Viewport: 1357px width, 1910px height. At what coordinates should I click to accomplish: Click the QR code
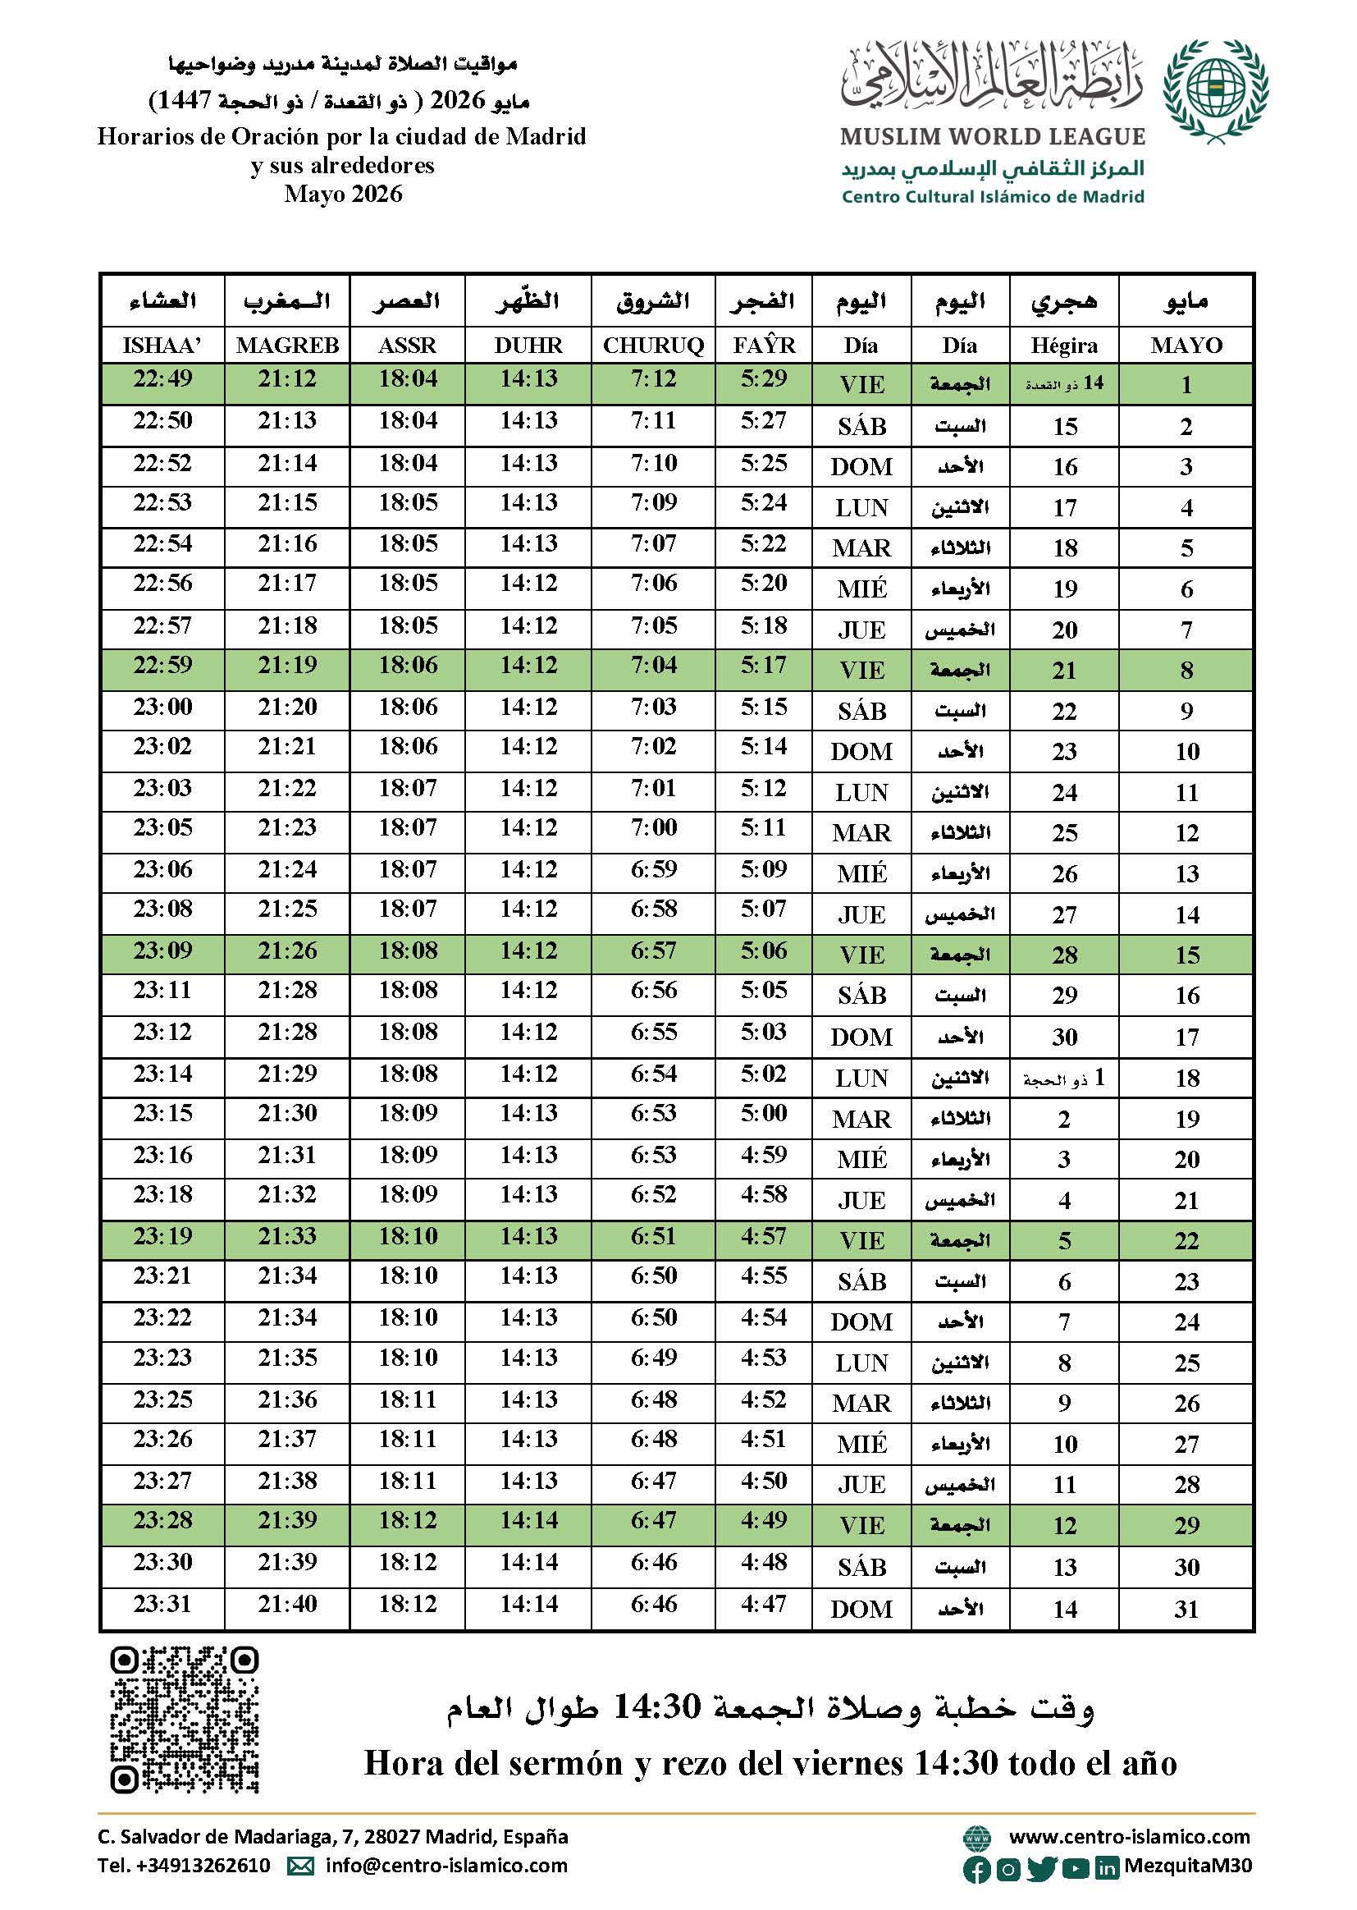click(x=184, y=1720)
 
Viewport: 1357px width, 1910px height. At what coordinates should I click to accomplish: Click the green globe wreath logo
click(x=1215, y=90)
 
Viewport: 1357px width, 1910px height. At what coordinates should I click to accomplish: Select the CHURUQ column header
click(x=653, y=346)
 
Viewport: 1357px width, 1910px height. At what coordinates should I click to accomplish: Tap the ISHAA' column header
click(x=162, y=346)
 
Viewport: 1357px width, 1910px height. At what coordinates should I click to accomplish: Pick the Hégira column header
click(x=1064, y=346)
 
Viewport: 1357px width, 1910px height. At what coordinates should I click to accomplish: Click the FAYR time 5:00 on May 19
click(x=764, y=1113)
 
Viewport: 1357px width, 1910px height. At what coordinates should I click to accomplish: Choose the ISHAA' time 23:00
click(x=162, y=708)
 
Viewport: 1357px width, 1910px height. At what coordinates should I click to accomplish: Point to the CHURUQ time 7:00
click(x=653, y=827)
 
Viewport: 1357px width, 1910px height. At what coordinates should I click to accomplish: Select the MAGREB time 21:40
click(x=286, y=1604)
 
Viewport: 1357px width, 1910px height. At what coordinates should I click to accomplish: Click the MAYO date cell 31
click(x=1186, y=1609)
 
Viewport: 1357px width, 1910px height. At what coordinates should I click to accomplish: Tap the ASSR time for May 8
click(x=408, y=666)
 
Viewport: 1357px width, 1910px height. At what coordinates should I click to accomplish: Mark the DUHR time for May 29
click(x=529, y=1519)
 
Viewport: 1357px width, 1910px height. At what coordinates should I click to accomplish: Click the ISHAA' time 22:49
click(x=162, y=378)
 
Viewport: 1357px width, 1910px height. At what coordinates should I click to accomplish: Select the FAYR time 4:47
click(x=764, y=1604)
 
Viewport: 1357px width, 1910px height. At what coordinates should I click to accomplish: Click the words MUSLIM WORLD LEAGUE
click(x=993, y=136)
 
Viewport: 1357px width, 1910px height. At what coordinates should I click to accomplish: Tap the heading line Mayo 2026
click(x=343, y=194)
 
